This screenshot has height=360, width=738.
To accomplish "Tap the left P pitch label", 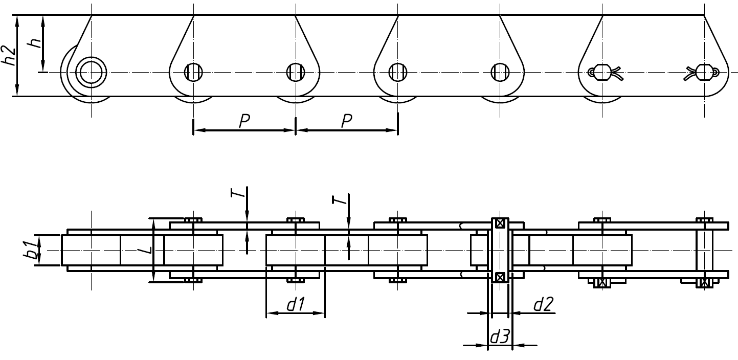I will [x=244, y=121].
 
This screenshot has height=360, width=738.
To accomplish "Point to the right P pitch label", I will [x=347, y=121].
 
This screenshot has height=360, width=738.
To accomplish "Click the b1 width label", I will [x=32, y=251].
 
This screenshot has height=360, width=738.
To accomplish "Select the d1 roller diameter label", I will [x=295, y=305].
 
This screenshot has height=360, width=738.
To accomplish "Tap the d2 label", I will [x=542, y=305].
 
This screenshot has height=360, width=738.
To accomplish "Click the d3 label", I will [x=499, y=337].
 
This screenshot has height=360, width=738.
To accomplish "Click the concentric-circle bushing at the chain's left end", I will [x=91, y=72].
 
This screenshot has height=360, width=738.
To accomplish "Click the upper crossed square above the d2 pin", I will [x=500, y=223].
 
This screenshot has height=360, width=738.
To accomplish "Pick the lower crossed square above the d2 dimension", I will [x=500, y=277].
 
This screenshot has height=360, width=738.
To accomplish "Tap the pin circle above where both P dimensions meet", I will [x=296, y=72].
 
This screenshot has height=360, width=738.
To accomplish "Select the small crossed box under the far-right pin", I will [x=705, y=282].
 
